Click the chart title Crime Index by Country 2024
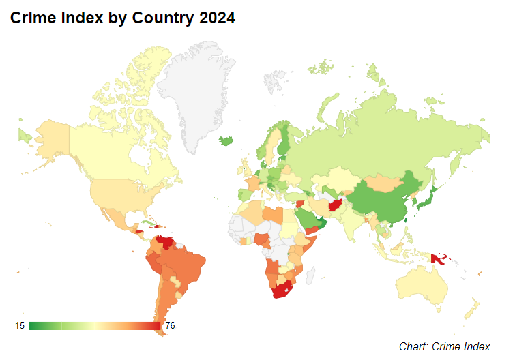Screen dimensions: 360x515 point(123,19)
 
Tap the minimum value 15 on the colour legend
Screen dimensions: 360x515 point(20,326)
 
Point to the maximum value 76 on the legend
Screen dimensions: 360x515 point(170,326)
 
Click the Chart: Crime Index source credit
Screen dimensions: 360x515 point(444,346)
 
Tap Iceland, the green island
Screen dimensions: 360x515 point(227,141)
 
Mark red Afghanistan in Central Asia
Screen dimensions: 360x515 point(336,205)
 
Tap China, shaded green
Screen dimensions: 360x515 point(382,201)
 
